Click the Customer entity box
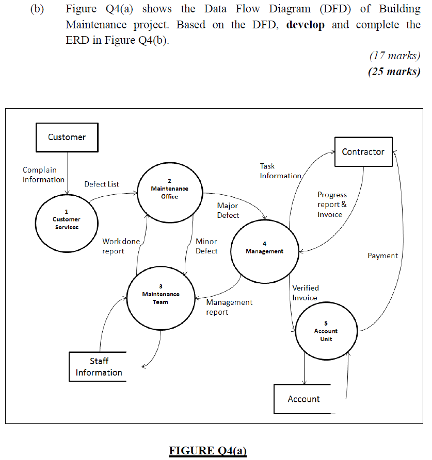[x=67, y=137]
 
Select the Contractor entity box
[x=363, y=151]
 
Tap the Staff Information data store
[x=99, y=367]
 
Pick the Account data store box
[x=303, y=399]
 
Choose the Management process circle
[x=264, y=248]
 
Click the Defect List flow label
[x=102, y=184]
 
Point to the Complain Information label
[x=43, y=175]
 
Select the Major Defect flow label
[x=228, y=210]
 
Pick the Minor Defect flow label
[x=206, y=246]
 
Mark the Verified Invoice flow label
[x=305, y=293]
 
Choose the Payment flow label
[x=382, y=255]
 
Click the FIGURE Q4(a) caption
[x=208, y=451]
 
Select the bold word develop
[x=306, y=25]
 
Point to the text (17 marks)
[x=395, y=55]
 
